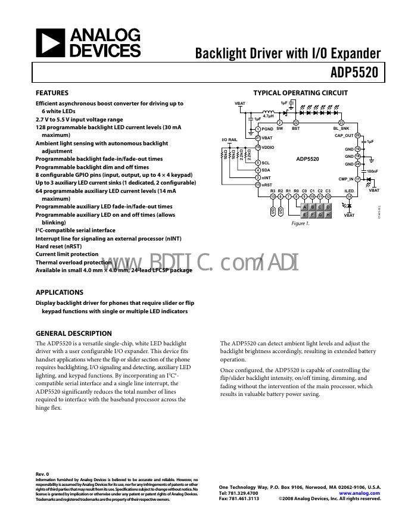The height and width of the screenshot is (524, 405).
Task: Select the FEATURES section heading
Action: click(52, 93)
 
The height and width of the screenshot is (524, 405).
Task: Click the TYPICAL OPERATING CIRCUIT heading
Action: click(300, 93)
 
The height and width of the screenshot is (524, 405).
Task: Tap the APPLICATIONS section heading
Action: click(59, 292)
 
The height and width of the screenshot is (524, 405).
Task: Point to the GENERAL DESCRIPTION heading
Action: click(73, 333)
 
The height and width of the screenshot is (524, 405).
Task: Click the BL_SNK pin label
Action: click(341, 129)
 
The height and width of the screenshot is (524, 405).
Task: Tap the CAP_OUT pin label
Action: click(344, 136)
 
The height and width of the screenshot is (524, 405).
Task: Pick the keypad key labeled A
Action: click(304, 207)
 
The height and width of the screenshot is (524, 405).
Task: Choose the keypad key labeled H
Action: click(328, 214)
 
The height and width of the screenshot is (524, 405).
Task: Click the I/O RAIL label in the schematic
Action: click(229, 139)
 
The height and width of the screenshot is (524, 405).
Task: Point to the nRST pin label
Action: click(266, 185)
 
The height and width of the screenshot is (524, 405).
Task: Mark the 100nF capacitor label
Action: click(372, 171)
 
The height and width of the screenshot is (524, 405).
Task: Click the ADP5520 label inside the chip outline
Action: click(307, 159)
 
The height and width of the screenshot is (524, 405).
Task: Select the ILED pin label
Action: click(349, 191)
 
